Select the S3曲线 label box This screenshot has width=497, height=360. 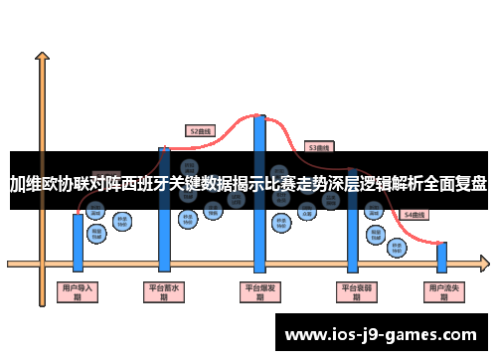pos(318,146)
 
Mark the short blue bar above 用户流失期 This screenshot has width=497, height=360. pos(441,257)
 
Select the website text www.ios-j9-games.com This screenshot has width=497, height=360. pos(383,333)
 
